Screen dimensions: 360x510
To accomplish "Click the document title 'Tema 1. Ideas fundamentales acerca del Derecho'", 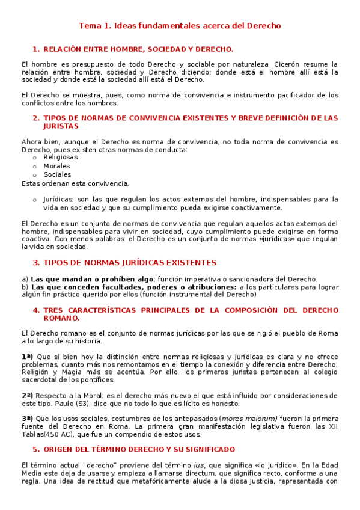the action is click(180, 26).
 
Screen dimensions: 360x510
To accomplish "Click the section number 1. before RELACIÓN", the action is click(36, 49).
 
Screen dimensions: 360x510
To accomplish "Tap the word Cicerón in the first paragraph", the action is click(294, 64).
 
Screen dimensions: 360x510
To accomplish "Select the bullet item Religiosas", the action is click(60, 157).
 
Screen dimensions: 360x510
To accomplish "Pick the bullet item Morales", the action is click(56, 166).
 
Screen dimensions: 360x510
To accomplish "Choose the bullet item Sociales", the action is click(57, 175).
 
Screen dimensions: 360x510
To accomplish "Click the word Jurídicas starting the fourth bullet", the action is click(58, 199).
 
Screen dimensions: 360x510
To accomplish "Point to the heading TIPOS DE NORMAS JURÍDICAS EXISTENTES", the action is click(130, 262).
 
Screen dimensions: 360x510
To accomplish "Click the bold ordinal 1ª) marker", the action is click(26, 357).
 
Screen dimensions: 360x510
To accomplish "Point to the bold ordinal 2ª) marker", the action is click(26, 395).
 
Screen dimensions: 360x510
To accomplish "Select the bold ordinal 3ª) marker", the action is click(26, 419).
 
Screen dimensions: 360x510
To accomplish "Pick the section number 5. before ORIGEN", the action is click(36, 449).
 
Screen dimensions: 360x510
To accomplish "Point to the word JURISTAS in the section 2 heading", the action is click(61, 126).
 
